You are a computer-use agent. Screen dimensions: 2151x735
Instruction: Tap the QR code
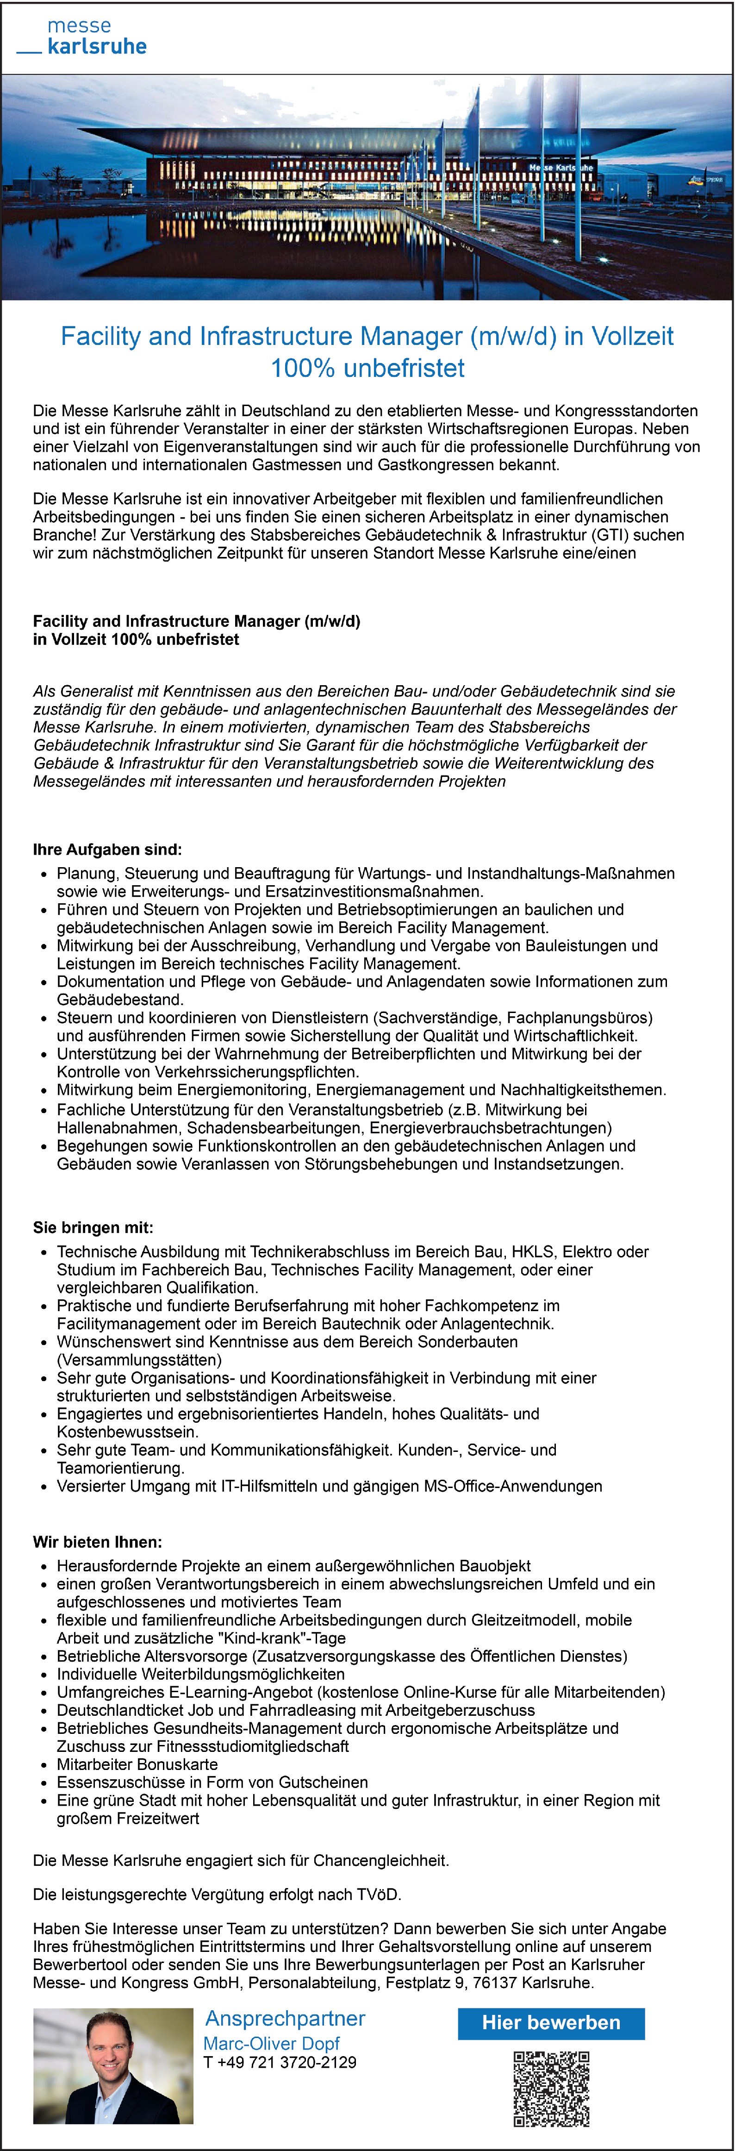tap(551, 2088)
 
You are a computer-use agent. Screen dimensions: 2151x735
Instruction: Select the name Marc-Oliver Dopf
tap(271, 2043)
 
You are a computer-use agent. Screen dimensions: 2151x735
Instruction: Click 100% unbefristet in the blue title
tap(367, 368)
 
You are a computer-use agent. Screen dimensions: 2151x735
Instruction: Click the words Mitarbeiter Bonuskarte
tap(137, 1764)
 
